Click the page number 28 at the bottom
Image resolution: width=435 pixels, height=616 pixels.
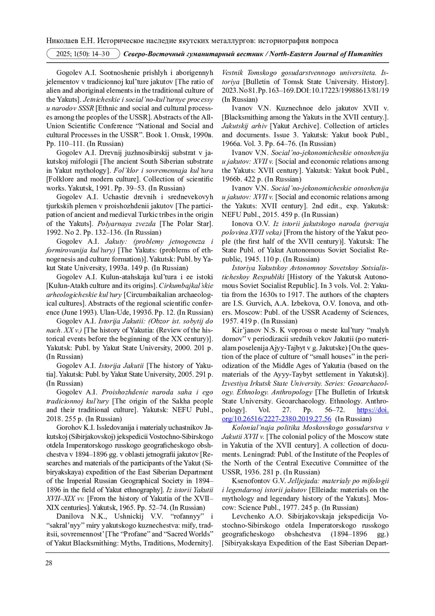pyautogui.click(x=49, y=563)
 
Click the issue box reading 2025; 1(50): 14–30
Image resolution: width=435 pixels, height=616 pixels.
pyautogui.click(x=83, y=54)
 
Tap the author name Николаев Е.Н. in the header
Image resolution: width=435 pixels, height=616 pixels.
pyautogui.click(x=70, y=41)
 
